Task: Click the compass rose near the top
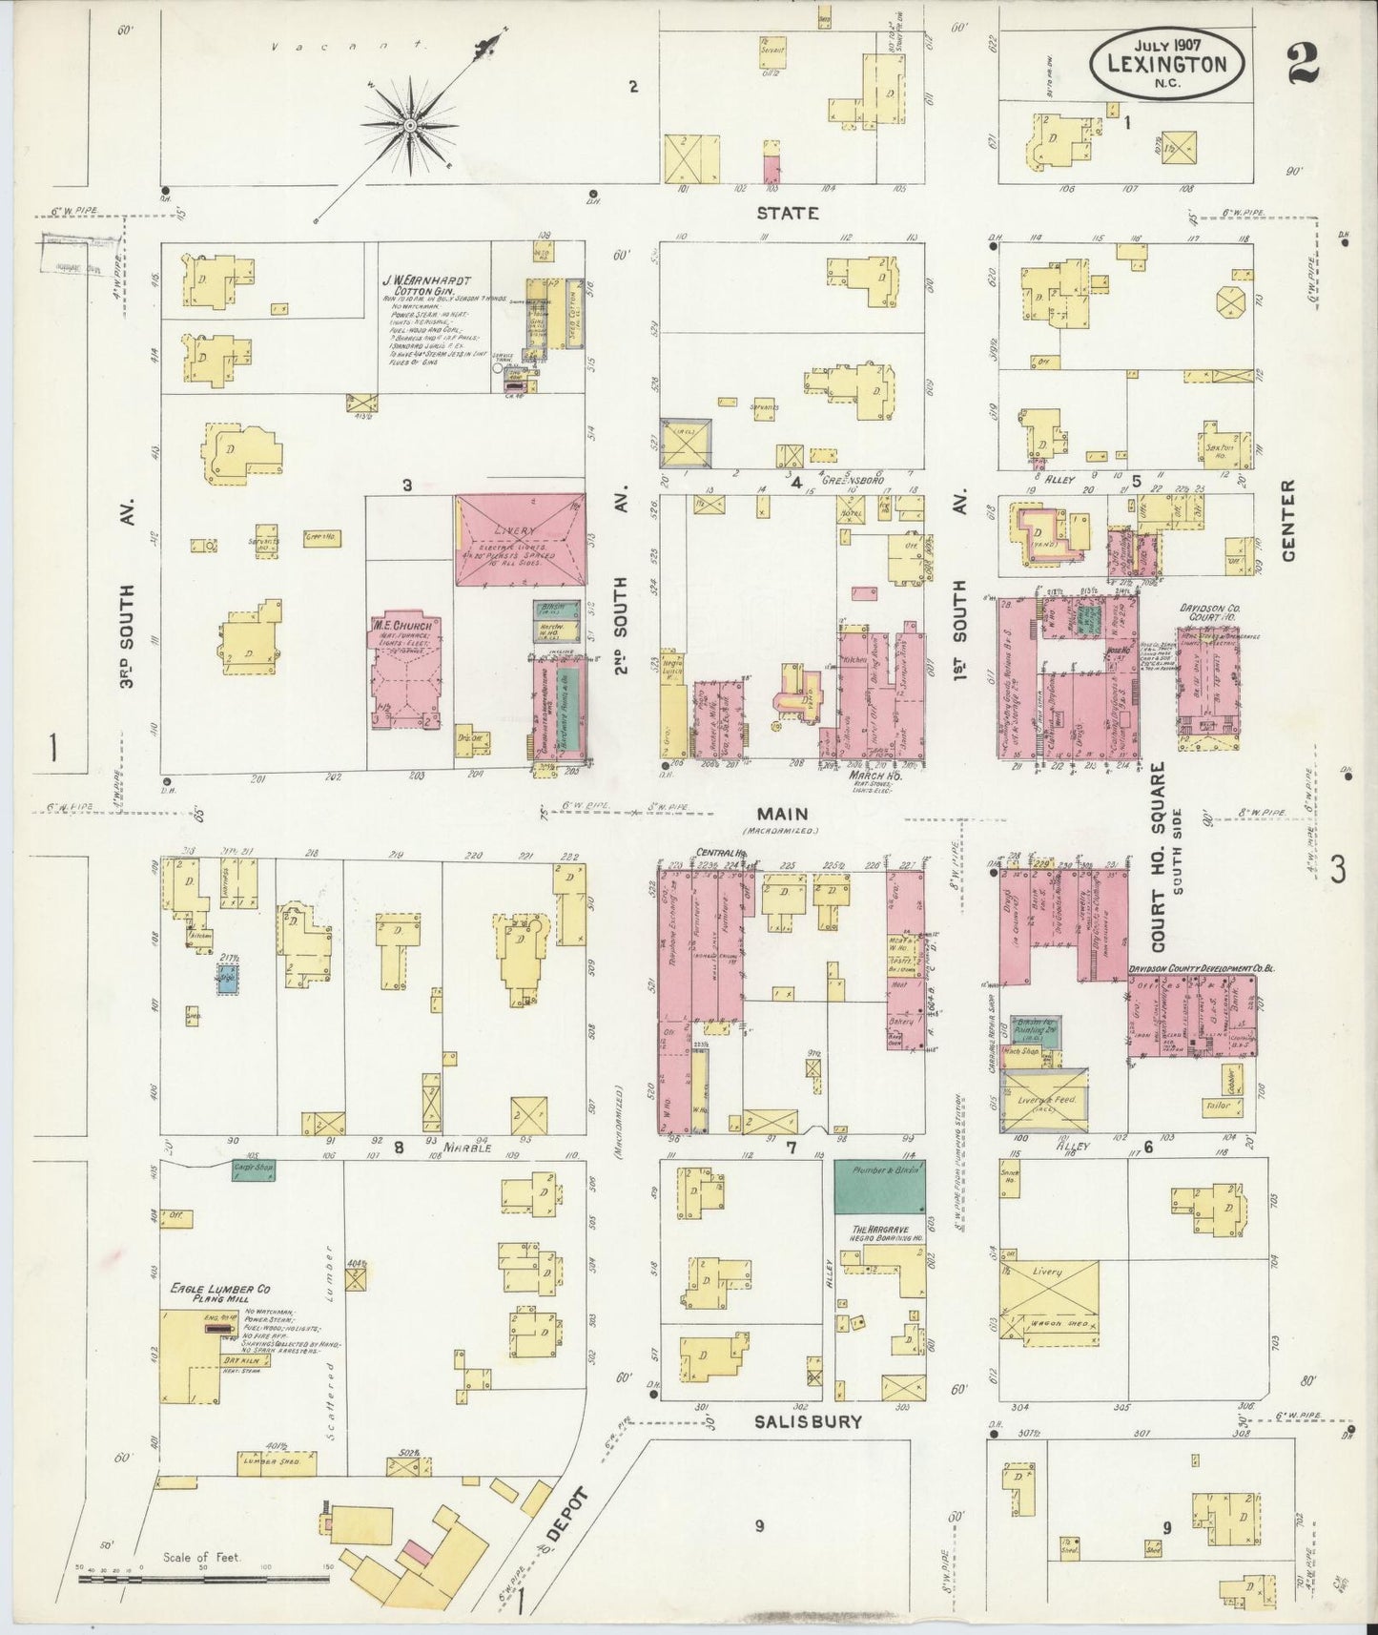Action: tap(410, 125)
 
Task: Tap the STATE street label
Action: tap(788, 213)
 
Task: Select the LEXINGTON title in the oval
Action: tap(1166, 64)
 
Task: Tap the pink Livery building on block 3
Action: tap(520, 539)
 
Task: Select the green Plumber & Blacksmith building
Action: tap(879, 1186)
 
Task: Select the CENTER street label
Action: tap(1289, 521)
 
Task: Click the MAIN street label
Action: tap(783, 814)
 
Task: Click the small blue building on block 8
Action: tap(227, 980)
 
